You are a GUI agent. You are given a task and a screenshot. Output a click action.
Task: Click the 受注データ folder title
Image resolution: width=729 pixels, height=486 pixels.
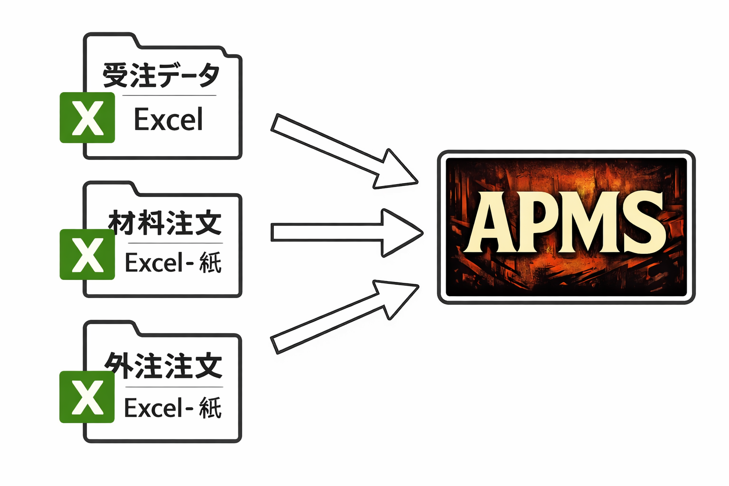pos(161,75)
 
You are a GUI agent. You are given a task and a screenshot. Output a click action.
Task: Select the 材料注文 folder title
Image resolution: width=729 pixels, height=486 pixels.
pos(165,223)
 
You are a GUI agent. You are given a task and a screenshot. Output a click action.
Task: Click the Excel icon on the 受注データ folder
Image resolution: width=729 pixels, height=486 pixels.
pos(87,118)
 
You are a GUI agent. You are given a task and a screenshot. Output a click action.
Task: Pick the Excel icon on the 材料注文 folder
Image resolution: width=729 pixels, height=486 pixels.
pos(87,254)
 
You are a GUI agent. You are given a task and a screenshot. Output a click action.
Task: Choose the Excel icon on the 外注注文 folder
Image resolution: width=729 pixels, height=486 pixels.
pos(87,397)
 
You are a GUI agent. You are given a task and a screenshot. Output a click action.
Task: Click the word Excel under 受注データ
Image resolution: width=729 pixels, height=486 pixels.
pos(168,120)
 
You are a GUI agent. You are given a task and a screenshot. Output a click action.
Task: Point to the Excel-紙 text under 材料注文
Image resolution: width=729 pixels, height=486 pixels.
pos(173,262)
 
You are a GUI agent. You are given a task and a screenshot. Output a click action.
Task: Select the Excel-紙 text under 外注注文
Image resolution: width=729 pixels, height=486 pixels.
pos(172,408)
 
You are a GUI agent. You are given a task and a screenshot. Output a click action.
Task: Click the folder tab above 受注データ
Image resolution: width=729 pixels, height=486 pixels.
pos(110,41)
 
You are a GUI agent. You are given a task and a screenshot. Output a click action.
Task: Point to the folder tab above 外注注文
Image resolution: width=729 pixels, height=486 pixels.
pos(110,328)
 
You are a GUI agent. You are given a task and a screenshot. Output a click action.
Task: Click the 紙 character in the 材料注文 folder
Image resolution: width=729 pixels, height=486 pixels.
pos(210,262)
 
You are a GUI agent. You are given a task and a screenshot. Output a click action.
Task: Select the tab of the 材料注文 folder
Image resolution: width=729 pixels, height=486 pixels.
pos(110,188)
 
